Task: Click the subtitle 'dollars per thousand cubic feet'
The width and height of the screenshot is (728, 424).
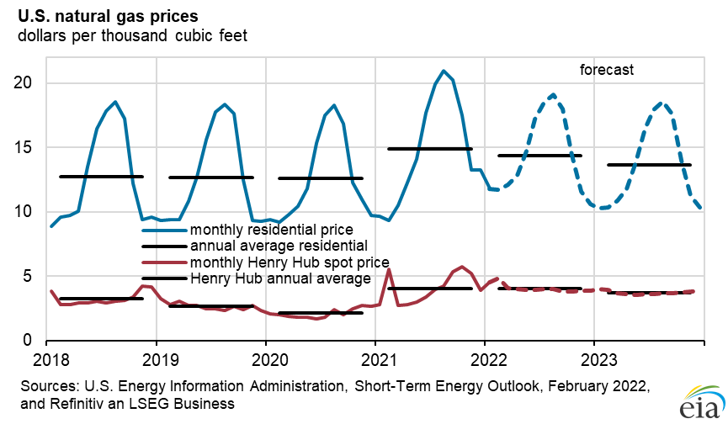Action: [130, 35]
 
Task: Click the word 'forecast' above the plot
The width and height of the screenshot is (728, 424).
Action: [606, 70]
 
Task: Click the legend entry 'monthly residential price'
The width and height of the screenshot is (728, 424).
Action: [271, 229]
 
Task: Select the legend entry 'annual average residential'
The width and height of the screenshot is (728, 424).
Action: [278, 246]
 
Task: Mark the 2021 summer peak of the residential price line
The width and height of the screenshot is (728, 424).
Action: [444, 71]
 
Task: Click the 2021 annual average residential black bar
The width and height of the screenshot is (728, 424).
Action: [429, 148]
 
